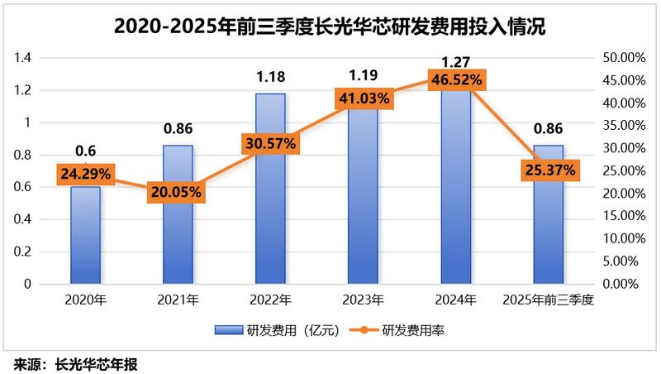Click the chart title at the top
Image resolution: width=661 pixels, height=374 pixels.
[x=330, y=26]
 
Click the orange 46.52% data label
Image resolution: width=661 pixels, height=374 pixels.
[x=455, y=80]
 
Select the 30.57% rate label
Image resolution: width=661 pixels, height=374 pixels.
[x=270, y=143]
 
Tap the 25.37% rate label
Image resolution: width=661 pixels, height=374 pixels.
[x=549, y=170]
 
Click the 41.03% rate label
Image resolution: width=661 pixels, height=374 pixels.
[x=363, y=98]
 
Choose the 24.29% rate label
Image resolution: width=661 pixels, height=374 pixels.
[x=85, y=175]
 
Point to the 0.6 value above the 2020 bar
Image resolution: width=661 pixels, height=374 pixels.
[x=85, y=151]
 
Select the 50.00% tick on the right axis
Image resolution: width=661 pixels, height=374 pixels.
[x=624, y=58]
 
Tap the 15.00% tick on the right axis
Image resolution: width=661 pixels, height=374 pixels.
[x=624, y=216]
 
